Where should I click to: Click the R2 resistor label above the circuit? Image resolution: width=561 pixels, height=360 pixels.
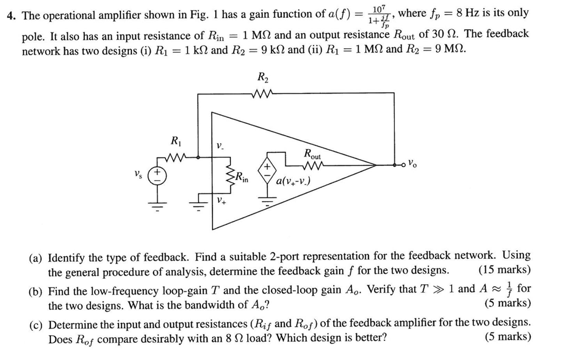coord(263,78)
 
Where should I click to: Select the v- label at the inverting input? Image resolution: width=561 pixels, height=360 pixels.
coord(219,146)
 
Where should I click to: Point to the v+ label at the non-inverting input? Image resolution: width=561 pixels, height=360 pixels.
coord(220,201)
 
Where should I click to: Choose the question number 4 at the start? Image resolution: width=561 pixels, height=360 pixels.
coord(9,15)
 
